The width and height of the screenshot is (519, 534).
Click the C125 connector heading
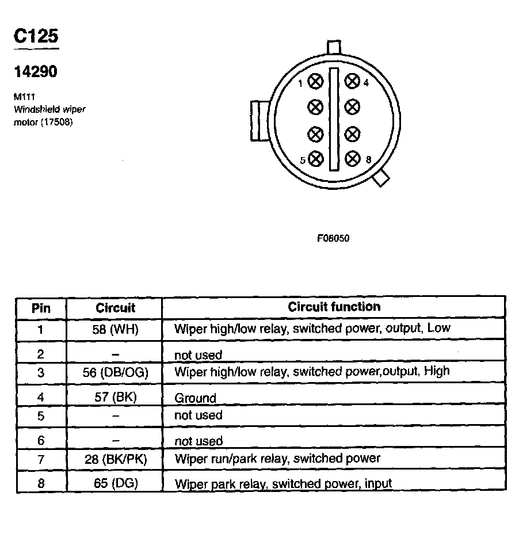click(x=36, y=36)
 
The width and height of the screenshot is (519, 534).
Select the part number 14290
click(x=36, y=72)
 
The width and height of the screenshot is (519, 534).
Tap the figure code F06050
click(x=333, y=238)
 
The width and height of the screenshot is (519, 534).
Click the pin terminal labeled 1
click(x=315, y=82)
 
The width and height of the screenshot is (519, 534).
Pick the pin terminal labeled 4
click(x=352, y=82)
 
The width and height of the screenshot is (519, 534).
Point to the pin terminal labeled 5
click(x=315, y=159)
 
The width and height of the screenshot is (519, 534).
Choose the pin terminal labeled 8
click(x=352, y=159)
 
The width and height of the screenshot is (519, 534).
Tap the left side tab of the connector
click(x=257, y=120)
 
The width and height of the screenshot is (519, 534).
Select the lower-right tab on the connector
click(x=380, y=179)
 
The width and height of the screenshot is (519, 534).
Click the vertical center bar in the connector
click(x=334, y=120)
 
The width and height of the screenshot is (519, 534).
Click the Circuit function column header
click(x=334, y=307)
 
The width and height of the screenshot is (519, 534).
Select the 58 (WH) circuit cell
click(x=116, y=329)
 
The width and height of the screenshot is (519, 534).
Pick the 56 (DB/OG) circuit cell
click(x=116, y=372)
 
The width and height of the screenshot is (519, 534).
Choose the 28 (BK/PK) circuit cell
click(x=116, y=459)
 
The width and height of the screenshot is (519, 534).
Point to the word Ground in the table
click(x=196, y=398)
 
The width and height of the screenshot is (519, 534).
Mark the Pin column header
click(x=41, y=308)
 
